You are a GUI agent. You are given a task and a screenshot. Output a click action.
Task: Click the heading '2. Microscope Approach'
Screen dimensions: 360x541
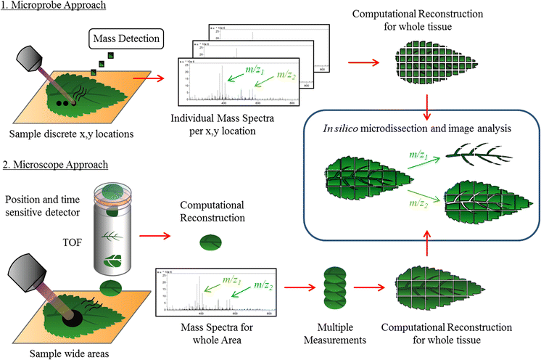[56, 164]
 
